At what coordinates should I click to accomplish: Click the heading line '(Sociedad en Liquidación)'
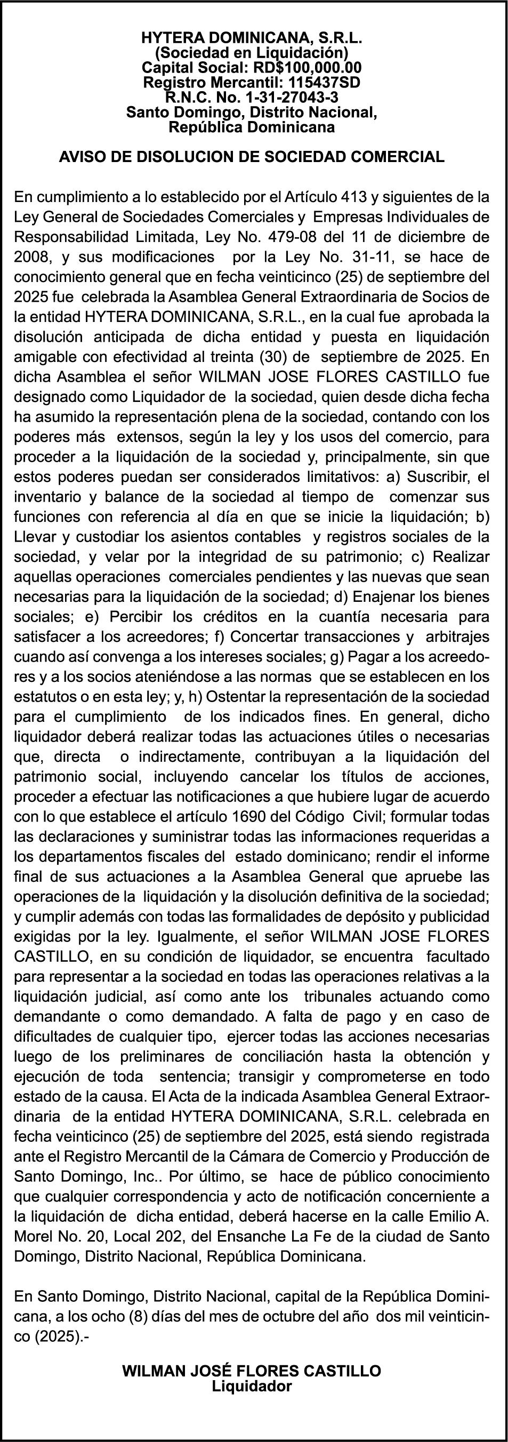(x=252, y=53)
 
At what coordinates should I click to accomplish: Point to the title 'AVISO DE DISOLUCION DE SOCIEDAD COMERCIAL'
(x=252, y=157)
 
